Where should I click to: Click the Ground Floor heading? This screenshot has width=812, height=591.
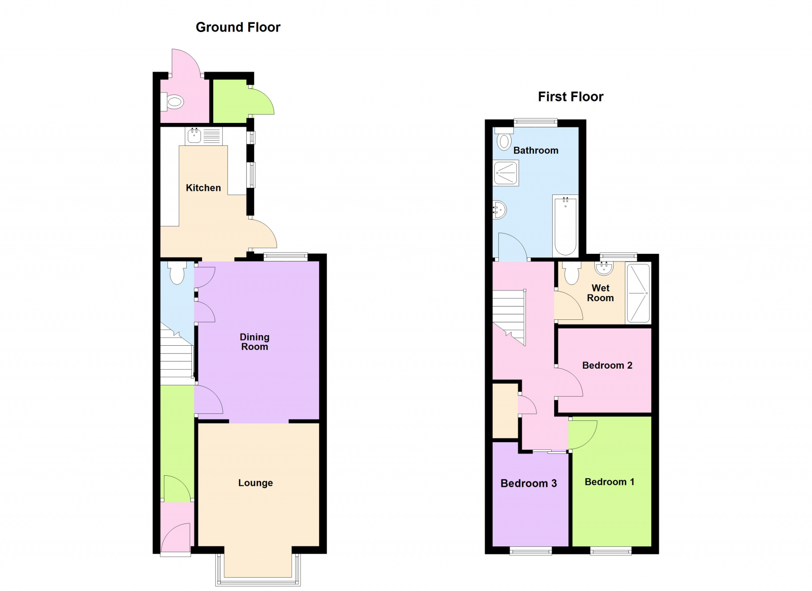[x=238, y=27]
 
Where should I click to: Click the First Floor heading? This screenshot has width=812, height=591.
[x=570, y=97]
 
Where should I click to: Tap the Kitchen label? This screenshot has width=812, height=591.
[x=203, y=188]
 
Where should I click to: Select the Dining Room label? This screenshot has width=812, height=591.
[x=254, y=342]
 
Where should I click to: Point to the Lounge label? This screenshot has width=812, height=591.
[x=255, y=483]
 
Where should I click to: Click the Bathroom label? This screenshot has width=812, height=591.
[x=535, y=150]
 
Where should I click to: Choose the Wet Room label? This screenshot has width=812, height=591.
[x=600, y=293]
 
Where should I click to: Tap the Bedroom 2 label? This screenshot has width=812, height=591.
[x=607, y=366]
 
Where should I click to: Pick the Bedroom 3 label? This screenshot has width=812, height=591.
[x=528, y=483]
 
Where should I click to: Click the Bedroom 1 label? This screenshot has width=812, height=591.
[x=609, y=482]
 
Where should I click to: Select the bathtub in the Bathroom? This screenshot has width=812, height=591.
[x=565, y=226]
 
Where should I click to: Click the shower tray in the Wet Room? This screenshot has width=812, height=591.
[x=638, y=293]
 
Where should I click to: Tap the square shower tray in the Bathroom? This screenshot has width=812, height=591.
[x=505, y=173]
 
